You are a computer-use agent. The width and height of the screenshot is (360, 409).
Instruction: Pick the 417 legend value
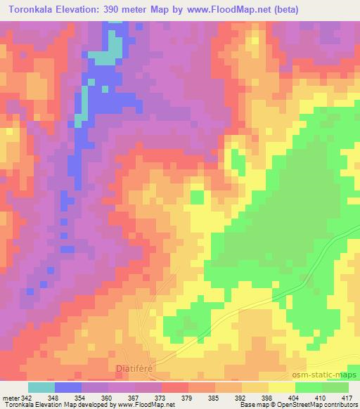pyautogui.click(x=347, y=397)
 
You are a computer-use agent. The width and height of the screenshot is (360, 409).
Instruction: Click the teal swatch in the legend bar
pyautogui.click(x=41, y=387)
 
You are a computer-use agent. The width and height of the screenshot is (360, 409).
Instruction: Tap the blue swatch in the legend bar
pyautogui.click(x=68, y=387)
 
